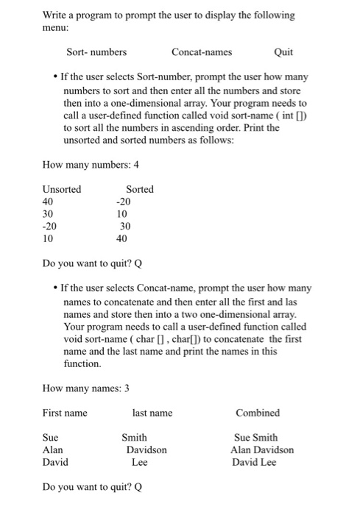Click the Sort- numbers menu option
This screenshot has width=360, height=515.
coord(96,52)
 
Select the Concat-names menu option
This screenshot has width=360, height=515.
coord(201,52)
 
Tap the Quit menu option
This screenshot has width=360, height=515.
coord(283,52)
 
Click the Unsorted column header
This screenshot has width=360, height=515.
coord(62,189)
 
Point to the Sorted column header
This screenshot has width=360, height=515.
coord(140,189)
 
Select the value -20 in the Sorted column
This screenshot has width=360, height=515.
coord(123,202)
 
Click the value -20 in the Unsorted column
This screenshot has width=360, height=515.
coord(49,227)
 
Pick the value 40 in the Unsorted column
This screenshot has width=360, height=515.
coord(49,202)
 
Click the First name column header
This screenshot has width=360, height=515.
coord(65,413)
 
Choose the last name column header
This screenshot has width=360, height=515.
coord(152,413)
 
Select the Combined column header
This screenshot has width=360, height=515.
coord(258,413)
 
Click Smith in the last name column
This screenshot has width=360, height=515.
coord(134,437)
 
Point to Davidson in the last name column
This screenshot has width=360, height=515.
coord(147,450)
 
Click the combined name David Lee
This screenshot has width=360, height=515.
coord(254,462)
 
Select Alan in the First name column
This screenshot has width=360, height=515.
coord(53,450)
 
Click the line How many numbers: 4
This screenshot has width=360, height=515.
coord(91,164)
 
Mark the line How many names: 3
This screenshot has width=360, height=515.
coord(85,388)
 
